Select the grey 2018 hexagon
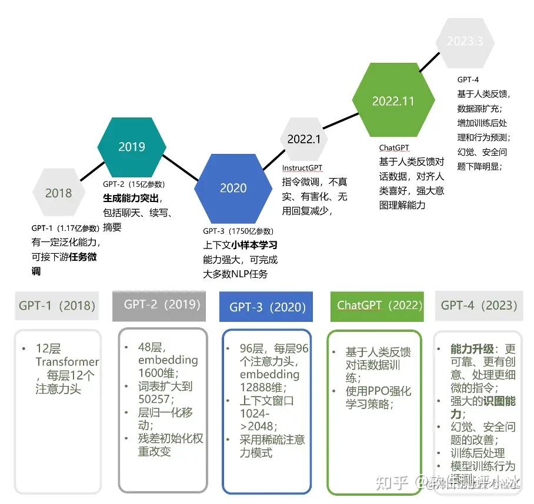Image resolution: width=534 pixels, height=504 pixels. click(x=58, y=193)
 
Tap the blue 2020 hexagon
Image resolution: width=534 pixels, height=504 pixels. click(x=233, y=188)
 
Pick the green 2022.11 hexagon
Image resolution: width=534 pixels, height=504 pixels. click(x=393, y=101)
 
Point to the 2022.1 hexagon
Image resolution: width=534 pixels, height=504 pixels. click(x=303, y=139)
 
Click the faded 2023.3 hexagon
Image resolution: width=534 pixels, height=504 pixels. click(x=465, y=41)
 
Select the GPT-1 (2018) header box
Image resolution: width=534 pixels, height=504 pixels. click(x=56, y=305)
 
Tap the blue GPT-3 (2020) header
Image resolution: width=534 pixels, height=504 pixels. click(x=267, y=307)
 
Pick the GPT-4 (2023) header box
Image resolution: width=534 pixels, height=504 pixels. click(x=479, y=305)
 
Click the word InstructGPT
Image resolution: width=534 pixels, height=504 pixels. click(x=302, y=169)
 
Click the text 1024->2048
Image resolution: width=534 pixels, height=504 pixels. click(x=259, y=419)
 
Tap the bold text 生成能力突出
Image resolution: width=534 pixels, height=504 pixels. click(x=132, y=197)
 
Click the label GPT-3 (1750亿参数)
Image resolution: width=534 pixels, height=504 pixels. click(x=238, y=231)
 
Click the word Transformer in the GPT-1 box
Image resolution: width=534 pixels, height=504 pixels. click(x=67, y=362)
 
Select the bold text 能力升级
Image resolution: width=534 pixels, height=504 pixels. click(x=473, y=348)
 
